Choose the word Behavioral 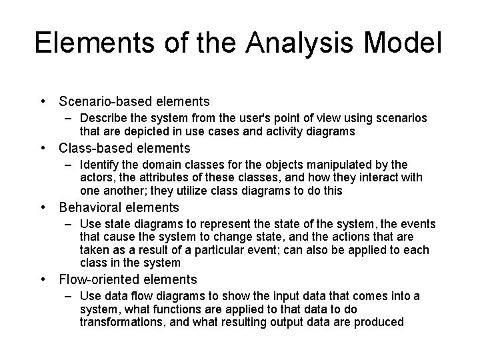click(89, 207)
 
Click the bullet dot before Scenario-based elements click(43, 101)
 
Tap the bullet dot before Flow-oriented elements click(43, 279)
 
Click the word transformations click(120, 322)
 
